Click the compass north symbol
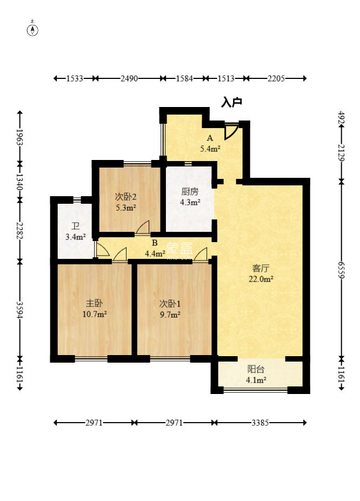[33, 29]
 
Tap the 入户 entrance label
[231, 103]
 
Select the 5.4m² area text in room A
[210, 149]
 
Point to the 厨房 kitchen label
[190, 191]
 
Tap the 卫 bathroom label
[75, 226]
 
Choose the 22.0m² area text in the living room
[261, 279]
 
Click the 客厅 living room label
[261, 268]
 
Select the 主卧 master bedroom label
[94, 303]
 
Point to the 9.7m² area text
[170, 315]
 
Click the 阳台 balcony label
[256, 369]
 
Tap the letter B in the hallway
[155, 243]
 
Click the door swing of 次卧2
[142, 227]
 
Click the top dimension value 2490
[129, 78]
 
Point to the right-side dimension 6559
[341, 270]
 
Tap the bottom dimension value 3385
[260, 423]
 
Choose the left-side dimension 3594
[19, 310]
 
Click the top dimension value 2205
[276, 78]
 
